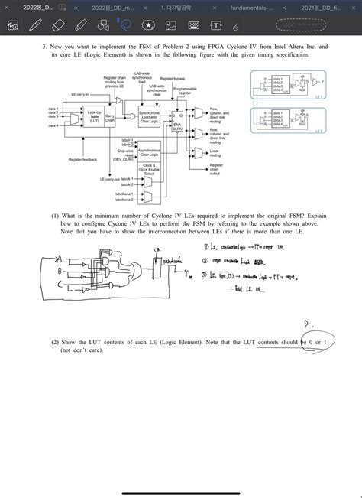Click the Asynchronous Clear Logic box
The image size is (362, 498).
[x=149, y=152]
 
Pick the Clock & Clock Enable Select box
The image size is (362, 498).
[x=149, y=169]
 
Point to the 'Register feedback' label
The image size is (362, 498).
[x=82, y=159]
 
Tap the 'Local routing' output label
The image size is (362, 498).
[x=216, y=153]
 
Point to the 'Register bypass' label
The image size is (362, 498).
[x=173, y=78]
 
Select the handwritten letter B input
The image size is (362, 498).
[x=58, y=272]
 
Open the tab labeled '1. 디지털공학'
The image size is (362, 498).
[x=176, y=6]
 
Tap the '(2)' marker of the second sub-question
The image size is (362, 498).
[x=56, y=342]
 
